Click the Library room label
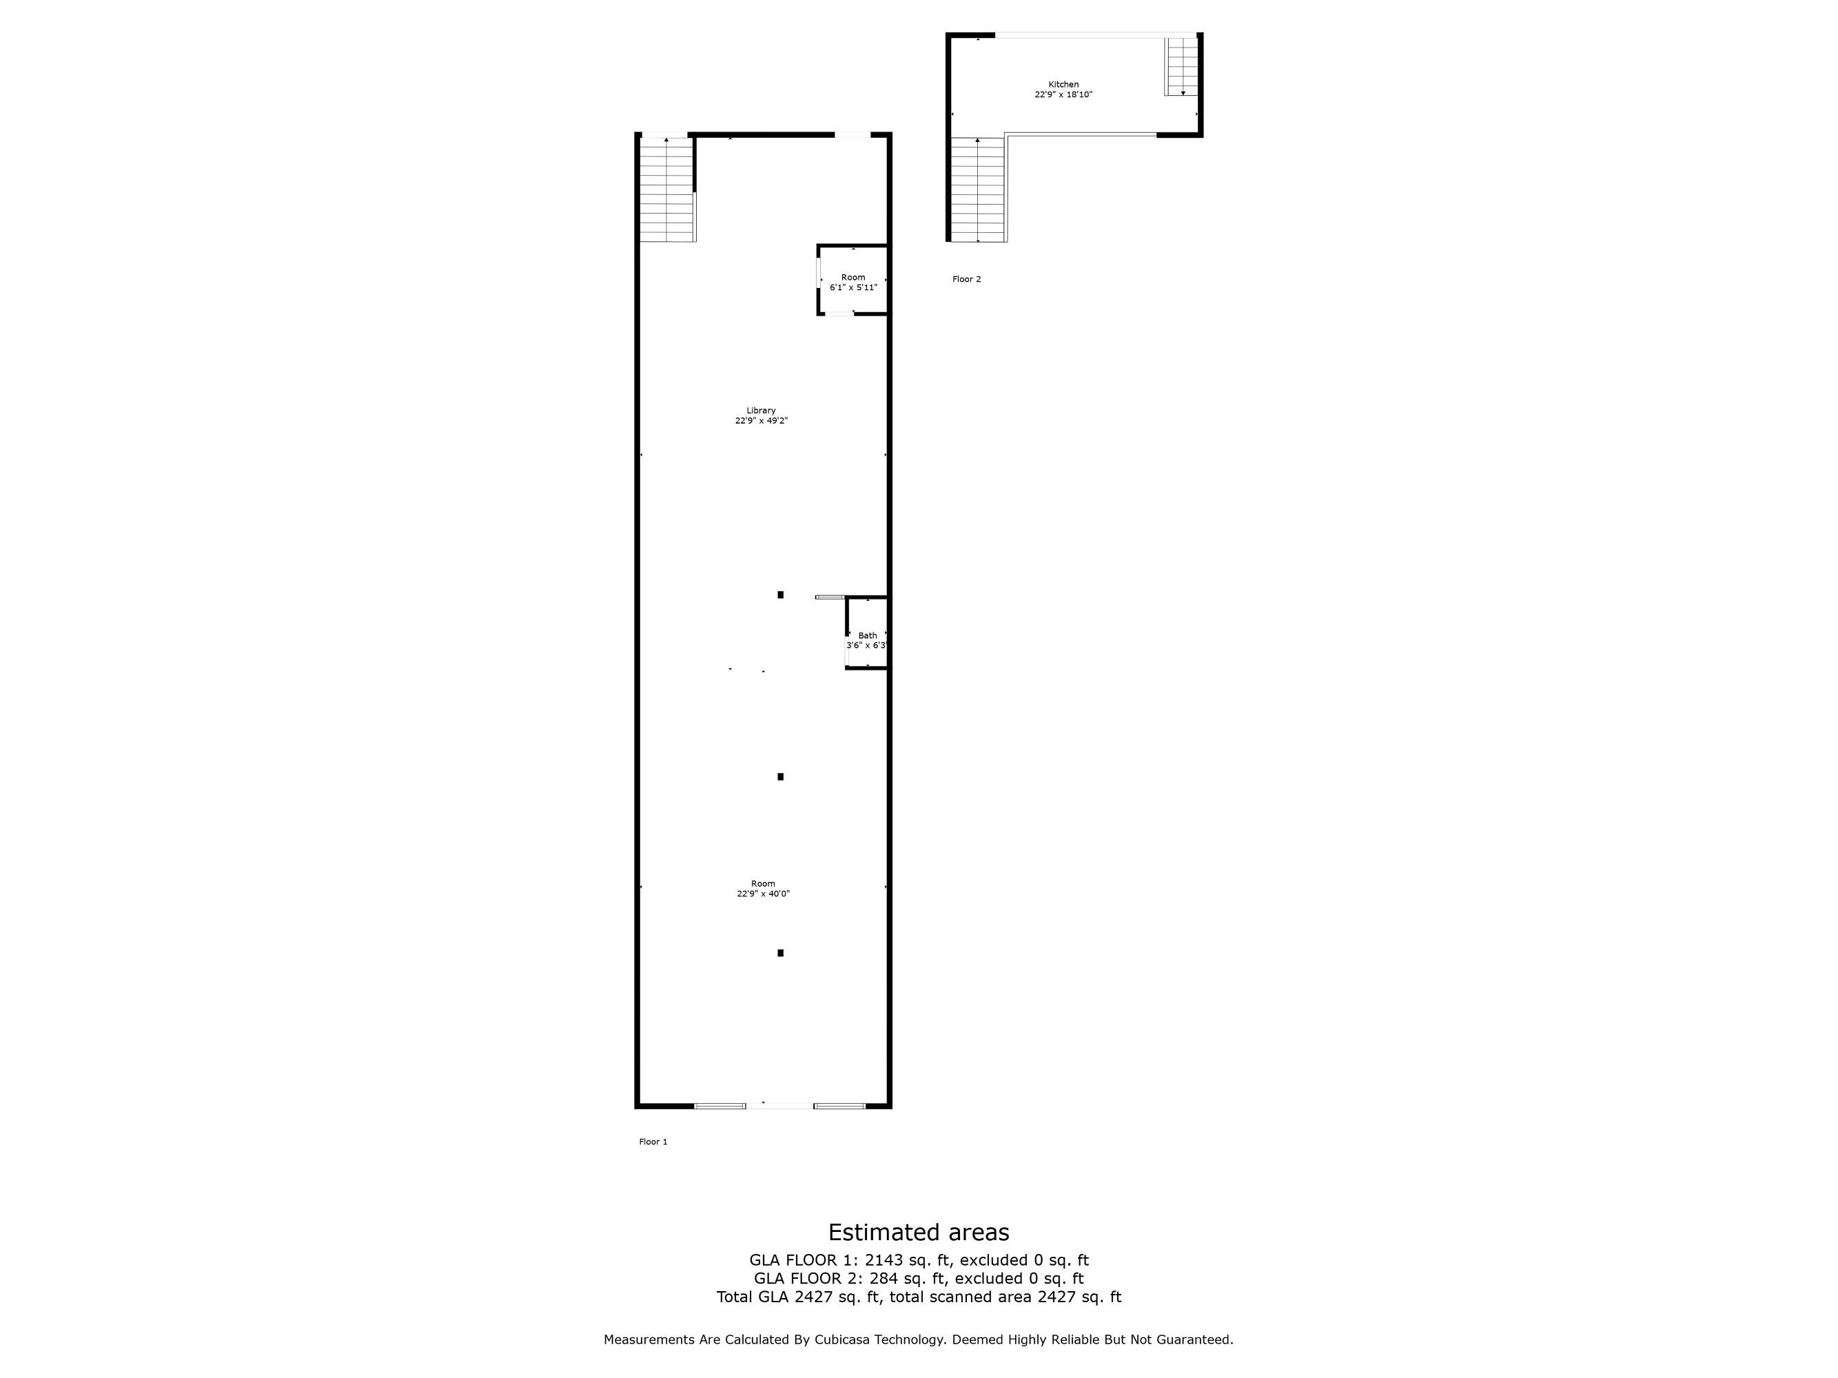tap(760, 411)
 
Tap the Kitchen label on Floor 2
tap(1063, 85)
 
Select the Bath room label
tap(867, 635)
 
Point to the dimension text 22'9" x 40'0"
tap(763, 894)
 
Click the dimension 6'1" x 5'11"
tap(852, 287)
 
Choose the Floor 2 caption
tap(966, 279)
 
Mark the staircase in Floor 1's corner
tap(667, 190)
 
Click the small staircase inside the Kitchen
tap(1181, 66)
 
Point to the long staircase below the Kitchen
tap(978, 189)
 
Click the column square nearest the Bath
tap(780, 595)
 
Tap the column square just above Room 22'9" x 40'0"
tap(780, 777)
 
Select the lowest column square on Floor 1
tap(780, 953)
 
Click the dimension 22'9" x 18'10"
tap(1063, 94)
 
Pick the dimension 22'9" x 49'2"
tap(760, 420)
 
